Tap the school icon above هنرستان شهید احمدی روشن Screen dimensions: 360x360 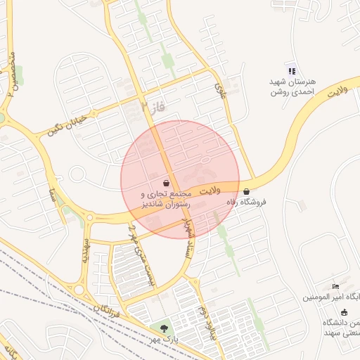(291, 70)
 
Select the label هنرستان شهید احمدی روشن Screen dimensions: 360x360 (292, 86)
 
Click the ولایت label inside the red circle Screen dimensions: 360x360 (209, 191)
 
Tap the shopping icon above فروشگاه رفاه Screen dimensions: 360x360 (245, 191)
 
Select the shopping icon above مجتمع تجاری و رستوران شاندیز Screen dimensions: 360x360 (165, 182)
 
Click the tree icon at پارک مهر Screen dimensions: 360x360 (164, 328)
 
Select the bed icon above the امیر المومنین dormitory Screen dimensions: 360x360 (335, 287)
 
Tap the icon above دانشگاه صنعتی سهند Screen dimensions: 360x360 (344, 311)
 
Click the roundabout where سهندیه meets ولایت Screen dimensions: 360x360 (89, 217)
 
